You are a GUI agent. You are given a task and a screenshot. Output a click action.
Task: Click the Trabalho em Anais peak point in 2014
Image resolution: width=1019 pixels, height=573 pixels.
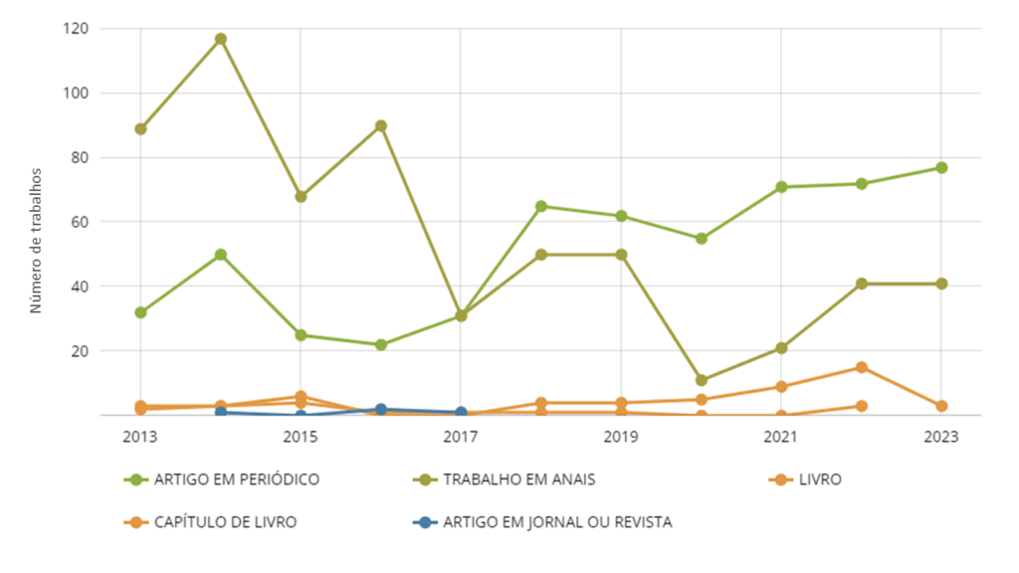click(221, 39)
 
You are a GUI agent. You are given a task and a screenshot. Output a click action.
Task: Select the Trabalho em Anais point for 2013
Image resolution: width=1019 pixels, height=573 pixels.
click(140, 129)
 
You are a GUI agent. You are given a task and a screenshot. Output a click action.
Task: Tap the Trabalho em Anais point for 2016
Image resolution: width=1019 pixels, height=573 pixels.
click(380, 126)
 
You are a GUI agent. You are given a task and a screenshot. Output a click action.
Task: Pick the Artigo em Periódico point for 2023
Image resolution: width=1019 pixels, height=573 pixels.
click(940, 168)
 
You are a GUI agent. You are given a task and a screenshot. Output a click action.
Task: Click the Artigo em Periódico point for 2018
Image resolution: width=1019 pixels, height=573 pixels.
click(540, 207)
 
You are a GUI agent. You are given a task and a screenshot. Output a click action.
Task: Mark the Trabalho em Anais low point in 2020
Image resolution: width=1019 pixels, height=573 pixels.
click(701, 380)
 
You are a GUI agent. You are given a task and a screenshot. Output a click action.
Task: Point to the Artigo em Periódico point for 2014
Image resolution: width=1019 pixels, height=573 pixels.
click(221, 255)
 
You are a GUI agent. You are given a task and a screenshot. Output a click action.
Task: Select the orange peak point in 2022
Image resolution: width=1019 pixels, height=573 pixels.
click(861, 368)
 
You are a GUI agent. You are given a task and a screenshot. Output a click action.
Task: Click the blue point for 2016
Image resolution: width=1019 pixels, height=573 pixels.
click(380, 410)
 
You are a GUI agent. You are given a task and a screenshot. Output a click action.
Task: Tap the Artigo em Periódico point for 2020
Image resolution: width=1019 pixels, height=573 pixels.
click(701, 239)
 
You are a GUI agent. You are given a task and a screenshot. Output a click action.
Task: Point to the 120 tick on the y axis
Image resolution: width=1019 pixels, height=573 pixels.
click(75, 29)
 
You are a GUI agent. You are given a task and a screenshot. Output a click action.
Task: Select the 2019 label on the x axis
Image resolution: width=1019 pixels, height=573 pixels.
click(620, 438)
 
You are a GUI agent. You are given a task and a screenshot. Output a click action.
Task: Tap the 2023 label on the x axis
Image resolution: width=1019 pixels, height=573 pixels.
click(940, 438)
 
